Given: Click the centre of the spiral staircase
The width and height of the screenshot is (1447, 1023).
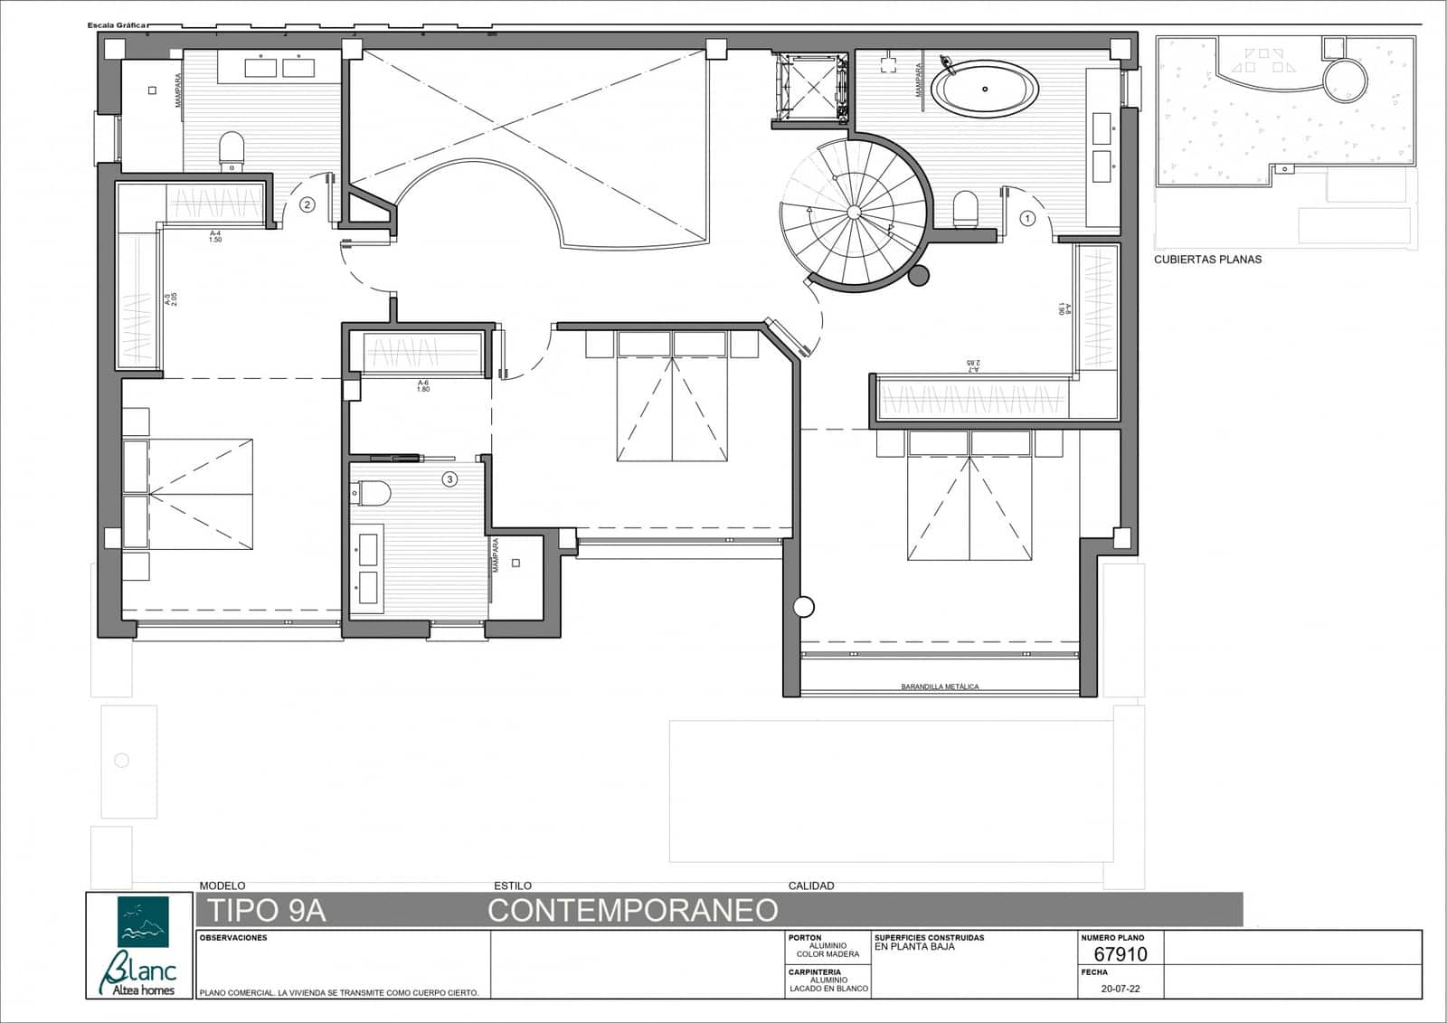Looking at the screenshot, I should click(x=853, y=212).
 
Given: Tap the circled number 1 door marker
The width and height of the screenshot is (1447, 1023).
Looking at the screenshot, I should click(x=1027, y=218).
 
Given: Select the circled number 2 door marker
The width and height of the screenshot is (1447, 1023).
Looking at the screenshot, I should click(x=307, y=205).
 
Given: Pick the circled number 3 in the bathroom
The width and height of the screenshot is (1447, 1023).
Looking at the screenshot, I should click(x=449, y=479).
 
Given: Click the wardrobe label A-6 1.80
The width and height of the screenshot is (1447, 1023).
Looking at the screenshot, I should click(x=423, y=386).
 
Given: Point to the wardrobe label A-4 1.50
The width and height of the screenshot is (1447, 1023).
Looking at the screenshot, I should click(x=215, y=237).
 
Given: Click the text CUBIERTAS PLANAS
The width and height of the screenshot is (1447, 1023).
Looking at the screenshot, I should click(x=1207, y=260).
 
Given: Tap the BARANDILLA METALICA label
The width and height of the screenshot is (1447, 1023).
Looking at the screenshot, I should click(x=940, y=687).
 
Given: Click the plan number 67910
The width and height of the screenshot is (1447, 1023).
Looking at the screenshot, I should click(x=1120, y=954).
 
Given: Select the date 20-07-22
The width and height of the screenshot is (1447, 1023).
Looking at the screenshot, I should click(x=1120, y=989).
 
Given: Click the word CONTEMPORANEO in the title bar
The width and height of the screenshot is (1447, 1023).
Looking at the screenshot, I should click(x=633, y=910).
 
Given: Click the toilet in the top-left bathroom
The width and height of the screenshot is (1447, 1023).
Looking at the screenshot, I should click(x=232, y=151).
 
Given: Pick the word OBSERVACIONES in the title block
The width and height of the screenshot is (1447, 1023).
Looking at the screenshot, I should click(x=233, y=938).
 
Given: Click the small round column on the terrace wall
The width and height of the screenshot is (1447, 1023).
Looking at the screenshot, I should click(x=802, y=607).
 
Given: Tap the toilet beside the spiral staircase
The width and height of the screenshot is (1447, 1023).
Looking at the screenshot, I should click(x=966, y=209).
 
